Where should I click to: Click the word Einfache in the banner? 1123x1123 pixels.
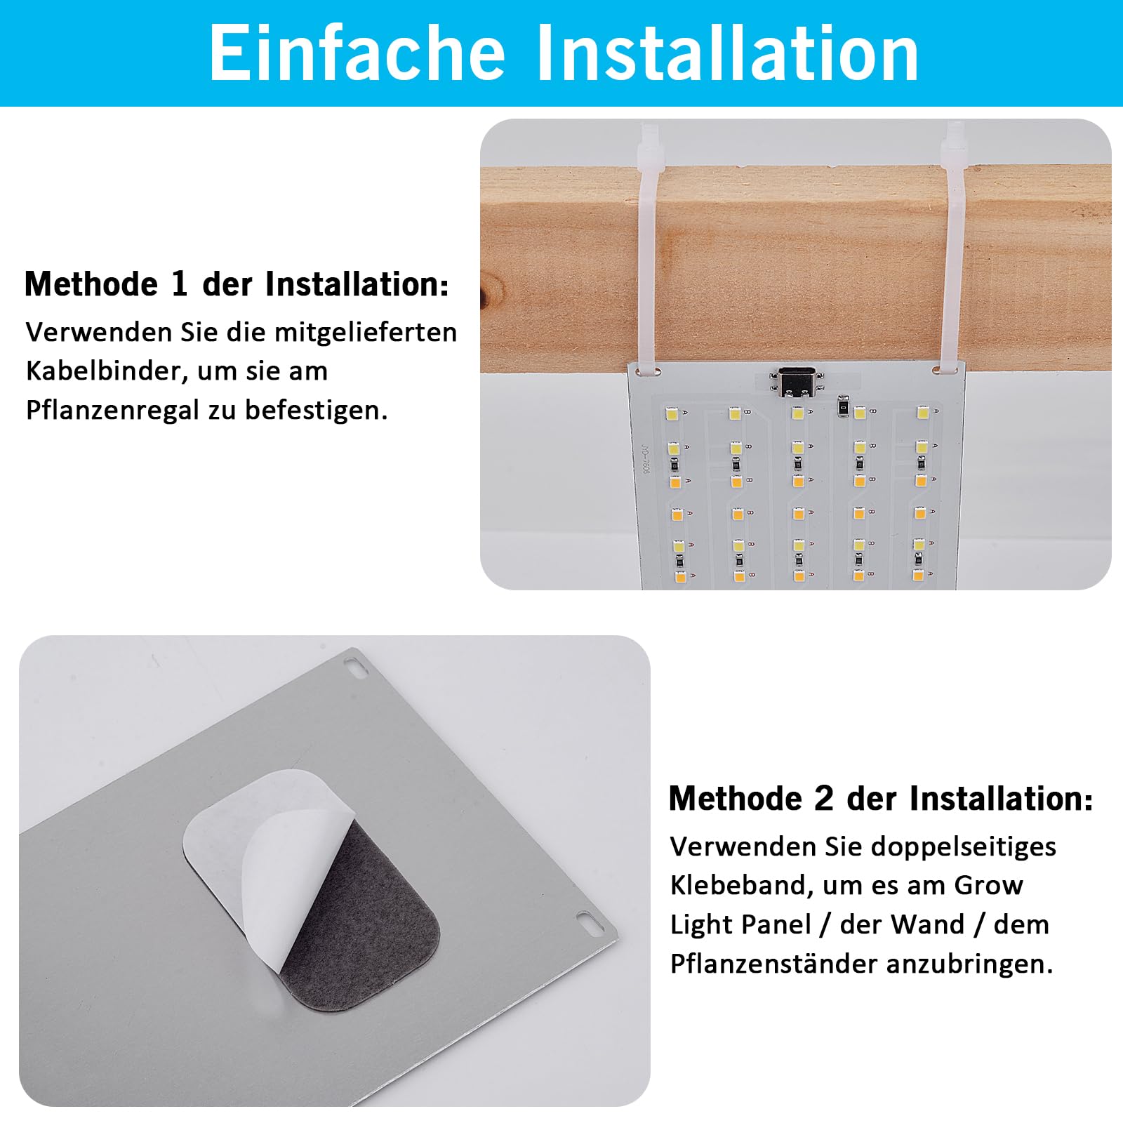point(357,53)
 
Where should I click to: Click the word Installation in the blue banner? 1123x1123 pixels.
point(727,53)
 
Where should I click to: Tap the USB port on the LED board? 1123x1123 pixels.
point(796,381)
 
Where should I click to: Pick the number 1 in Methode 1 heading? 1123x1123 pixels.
point(179,284)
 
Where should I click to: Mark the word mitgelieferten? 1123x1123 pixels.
point(366,332)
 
